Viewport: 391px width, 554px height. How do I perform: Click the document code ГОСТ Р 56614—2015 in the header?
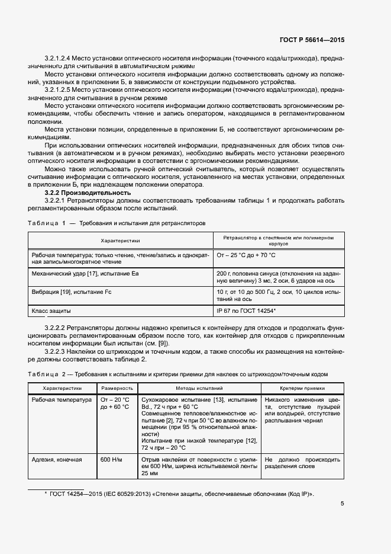[x=312, y=40]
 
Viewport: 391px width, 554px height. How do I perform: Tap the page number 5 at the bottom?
[x=342, y=504]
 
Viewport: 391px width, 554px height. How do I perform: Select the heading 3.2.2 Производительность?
[x=88, y=193]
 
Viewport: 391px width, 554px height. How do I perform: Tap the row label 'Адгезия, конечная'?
[x=57, y=459]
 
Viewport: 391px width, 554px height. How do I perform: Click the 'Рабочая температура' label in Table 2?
[x=62, y=400]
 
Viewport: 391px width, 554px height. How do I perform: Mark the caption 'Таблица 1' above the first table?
[x=46, y=223]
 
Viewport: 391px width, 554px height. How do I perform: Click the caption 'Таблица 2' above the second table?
[x=46, y=373]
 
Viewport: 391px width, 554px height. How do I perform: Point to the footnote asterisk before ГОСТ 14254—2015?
[x=46, y=493]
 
